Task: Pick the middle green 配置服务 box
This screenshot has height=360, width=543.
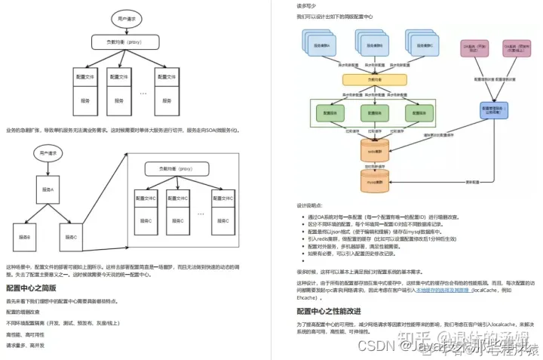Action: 374,113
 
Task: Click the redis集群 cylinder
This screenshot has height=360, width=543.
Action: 375,151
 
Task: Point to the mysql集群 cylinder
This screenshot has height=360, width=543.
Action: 375,181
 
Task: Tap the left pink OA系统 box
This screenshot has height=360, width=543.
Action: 474,50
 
